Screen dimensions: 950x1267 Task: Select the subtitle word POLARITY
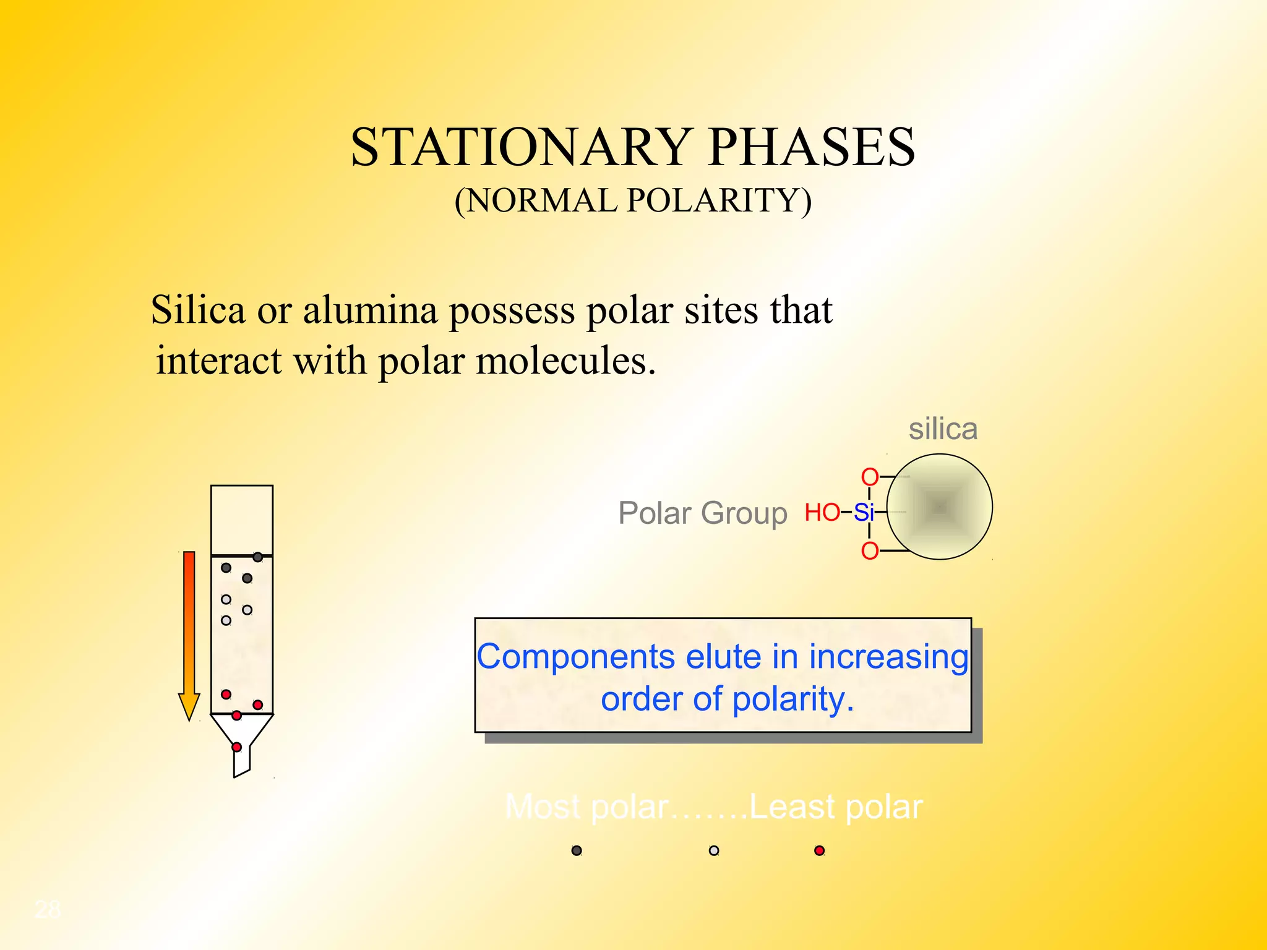[x=719, y=201]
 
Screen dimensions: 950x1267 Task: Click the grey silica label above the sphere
[x=943, y=429]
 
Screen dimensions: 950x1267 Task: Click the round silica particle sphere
[x=939, y=507]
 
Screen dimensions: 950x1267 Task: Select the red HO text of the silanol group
[x=822, y=513]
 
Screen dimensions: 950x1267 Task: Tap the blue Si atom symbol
[x=864, y=513]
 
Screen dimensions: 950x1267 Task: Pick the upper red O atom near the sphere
[x=870, y=477]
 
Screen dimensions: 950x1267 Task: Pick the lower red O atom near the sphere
[x=870, y=550]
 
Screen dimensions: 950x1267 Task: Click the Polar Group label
[x=703, y=513]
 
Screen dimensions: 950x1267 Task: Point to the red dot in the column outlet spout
[x=236, y=747]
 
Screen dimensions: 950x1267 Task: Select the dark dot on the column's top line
[x=258, y=557]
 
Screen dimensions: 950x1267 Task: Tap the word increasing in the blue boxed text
[x=888, y=657]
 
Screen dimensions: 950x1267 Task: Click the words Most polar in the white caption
[x=586, y=807]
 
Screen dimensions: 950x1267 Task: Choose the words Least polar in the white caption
[x=836, y=807]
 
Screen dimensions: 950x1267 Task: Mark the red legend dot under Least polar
[x=820, y=850]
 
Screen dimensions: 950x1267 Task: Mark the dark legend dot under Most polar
[x=577, y=850]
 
